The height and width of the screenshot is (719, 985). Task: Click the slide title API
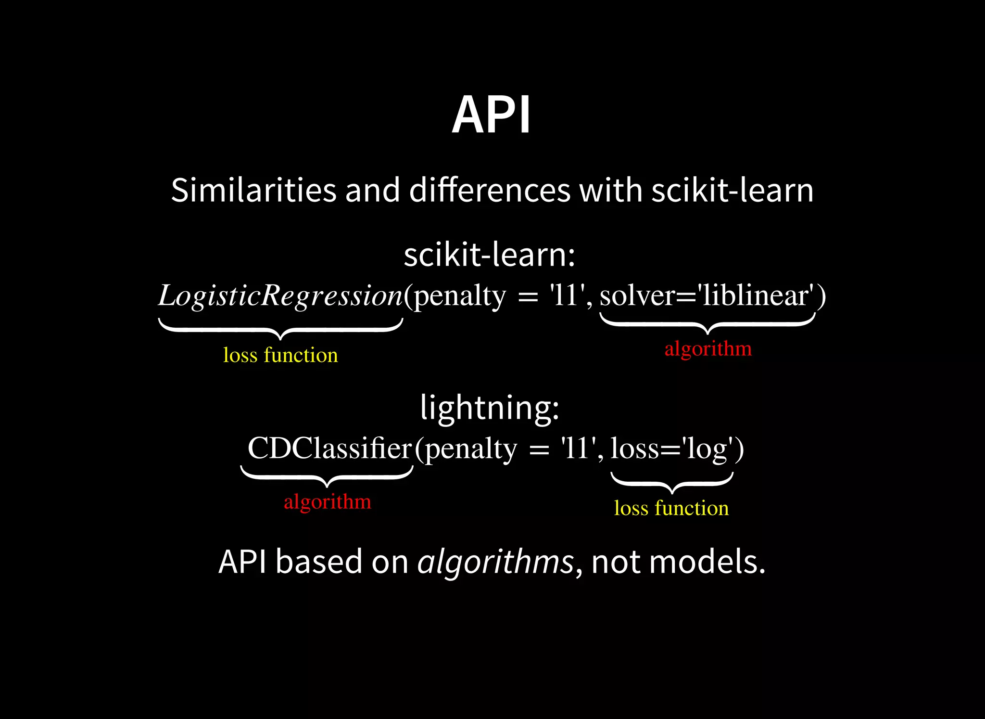[491, 116]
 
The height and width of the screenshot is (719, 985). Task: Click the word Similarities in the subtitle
[253, 190]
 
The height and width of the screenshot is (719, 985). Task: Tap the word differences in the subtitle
[489, 190]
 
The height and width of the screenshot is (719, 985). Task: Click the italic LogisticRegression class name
[280, 295]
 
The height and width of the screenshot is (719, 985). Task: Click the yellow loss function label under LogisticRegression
[280, 355]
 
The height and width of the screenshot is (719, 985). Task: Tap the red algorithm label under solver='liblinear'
[708, 348]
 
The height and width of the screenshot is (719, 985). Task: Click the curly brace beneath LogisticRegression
[280, 329]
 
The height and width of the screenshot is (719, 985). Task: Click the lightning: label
[490, 408]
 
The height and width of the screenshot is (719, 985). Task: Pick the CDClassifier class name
[330, 449]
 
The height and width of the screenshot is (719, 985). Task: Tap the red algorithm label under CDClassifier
[328, 502]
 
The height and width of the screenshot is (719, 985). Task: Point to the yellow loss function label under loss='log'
[671, 508]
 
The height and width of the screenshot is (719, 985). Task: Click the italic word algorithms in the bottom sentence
[495, 562]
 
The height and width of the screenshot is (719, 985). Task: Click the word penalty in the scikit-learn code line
[460, 295]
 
